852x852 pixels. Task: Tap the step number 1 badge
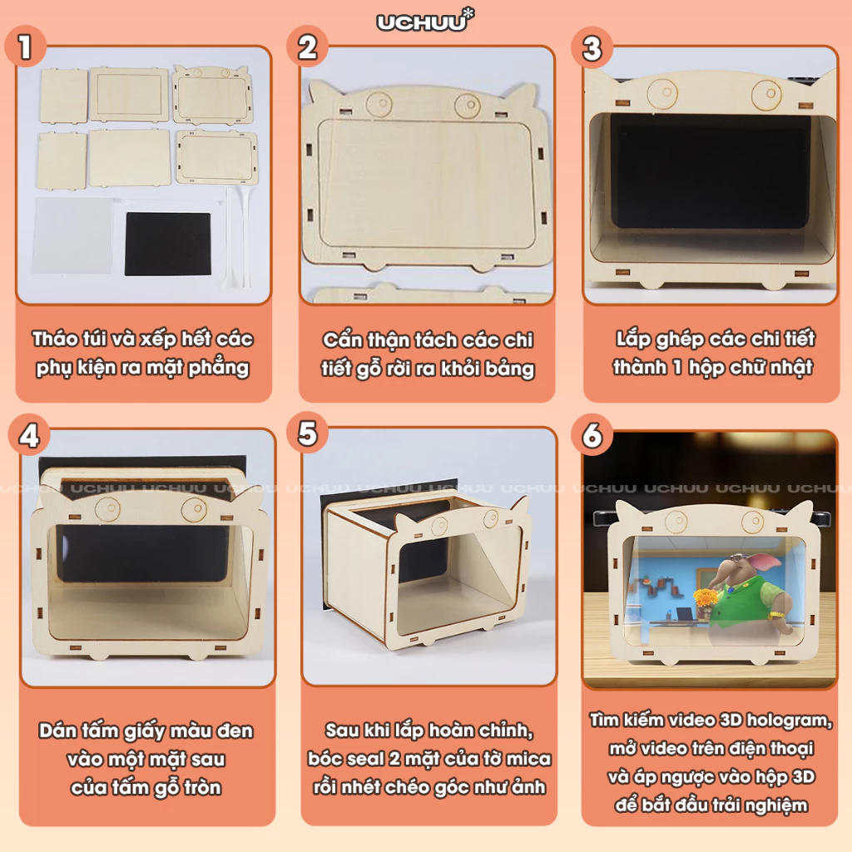24,47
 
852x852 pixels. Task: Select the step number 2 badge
308,47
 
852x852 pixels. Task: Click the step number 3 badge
592,48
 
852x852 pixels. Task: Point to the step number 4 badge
29,436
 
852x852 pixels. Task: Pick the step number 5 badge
308,433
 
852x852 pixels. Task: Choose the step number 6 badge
592,434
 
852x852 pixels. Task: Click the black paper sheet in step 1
167,244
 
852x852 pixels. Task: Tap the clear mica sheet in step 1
73,235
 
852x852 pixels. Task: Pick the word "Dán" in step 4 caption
57,731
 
